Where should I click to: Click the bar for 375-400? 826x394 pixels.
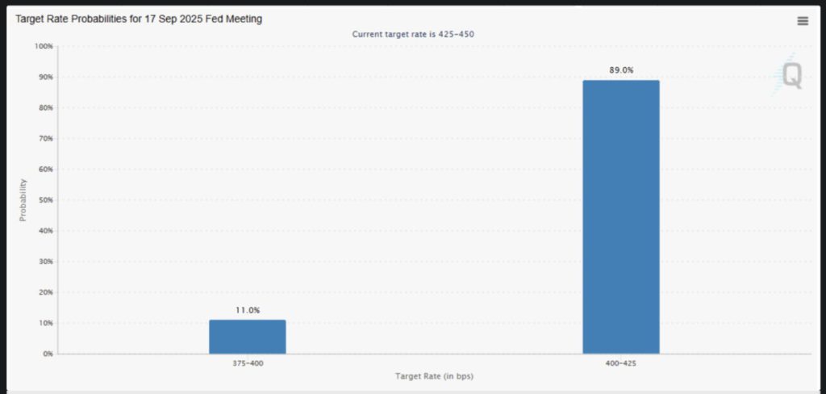pyautogui.click(x=247, y=337)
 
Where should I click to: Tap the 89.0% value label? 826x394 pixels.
pyautogui.click(x=621, y=70)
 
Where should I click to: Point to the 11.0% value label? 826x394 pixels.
pyautogui.click(x=247, y=310)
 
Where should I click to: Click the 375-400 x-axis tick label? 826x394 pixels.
pyautogui.click(x=247, y=363)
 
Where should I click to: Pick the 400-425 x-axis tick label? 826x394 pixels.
pyautogui.click(x=621, y=363)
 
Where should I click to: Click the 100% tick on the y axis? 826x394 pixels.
pyautogui.click(x=44, y=46)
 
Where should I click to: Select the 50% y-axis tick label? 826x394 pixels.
pyautogui.click(x=45, y=200)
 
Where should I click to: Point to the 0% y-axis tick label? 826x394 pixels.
pyautogui.click(x=48, y=354)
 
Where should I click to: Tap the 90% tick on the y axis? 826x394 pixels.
pyautogui.click(x=45, y=78)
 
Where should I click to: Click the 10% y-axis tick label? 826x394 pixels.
pyautogui.click(x=45, y=323)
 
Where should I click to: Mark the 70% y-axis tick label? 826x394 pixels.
pyautogui.click(x=45, y=139)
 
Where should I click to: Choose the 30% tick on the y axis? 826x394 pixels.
pyautogui.click(x=45, y=262)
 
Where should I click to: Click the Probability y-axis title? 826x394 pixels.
pyautogui.click(x=23, y=200)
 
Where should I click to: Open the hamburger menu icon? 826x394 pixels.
pyautogui.click(x=803, y=21)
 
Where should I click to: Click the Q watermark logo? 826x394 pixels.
pyautogui.click(x=791, y=76)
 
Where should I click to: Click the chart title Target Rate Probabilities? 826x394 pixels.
pyautogui.click(x=139, y=19)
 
